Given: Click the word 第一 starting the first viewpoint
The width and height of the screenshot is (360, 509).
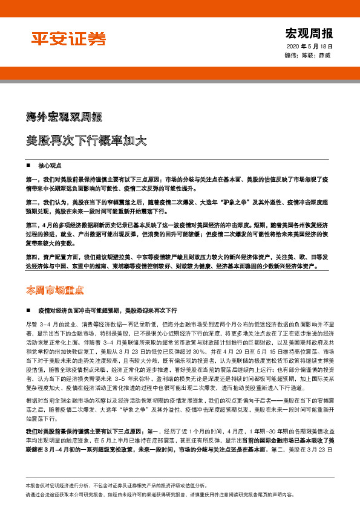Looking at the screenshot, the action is tap(31, 180).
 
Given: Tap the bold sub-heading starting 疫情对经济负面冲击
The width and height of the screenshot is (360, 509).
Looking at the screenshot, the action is tap(97, 310).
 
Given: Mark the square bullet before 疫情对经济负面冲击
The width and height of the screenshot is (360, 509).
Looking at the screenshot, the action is tap(29, 310).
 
